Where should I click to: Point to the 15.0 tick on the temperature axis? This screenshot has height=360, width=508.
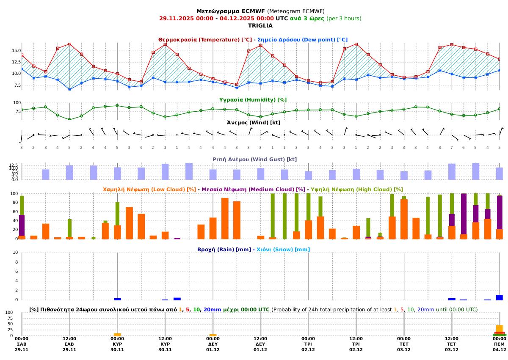[17, 51]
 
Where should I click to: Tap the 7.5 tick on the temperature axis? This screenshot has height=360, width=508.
[17, 85]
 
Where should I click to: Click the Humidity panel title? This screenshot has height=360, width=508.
[253, 100]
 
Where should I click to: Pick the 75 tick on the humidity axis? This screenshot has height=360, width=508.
[17, 112]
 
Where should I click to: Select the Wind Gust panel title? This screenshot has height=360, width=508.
[254, 159]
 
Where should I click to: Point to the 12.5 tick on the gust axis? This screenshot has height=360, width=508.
[14, 165]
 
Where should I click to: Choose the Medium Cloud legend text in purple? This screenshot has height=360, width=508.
[253, 190]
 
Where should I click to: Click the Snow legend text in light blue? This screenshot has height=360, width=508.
[283, 250]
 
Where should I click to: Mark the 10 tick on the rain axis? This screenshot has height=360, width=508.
[16, 253]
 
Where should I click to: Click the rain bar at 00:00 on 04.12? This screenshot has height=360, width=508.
[500, 297]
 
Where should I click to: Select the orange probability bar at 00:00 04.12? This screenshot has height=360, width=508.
[500, 328]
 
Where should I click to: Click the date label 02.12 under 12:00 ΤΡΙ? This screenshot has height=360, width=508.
[356, 350]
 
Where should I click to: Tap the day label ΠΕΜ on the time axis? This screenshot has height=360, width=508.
[500, 344]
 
